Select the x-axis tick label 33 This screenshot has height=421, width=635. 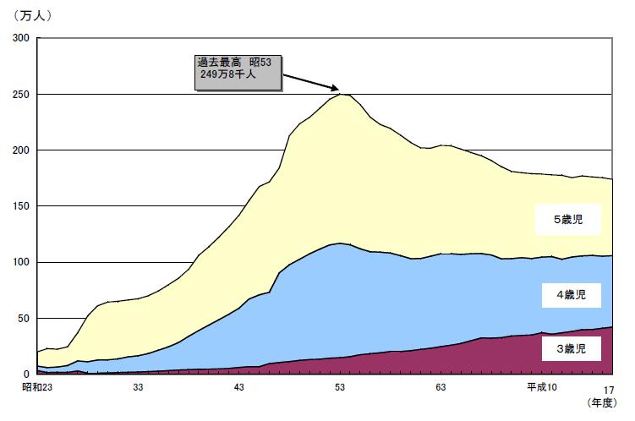[139, 387]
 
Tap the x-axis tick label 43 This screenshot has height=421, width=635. [239, 387]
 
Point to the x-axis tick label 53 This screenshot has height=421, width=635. [340, 387]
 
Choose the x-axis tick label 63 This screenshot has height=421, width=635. [441, 387]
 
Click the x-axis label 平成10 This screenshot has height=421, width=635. [543, 387]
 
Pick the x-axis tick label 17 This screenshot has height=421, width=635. [609, 388]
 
